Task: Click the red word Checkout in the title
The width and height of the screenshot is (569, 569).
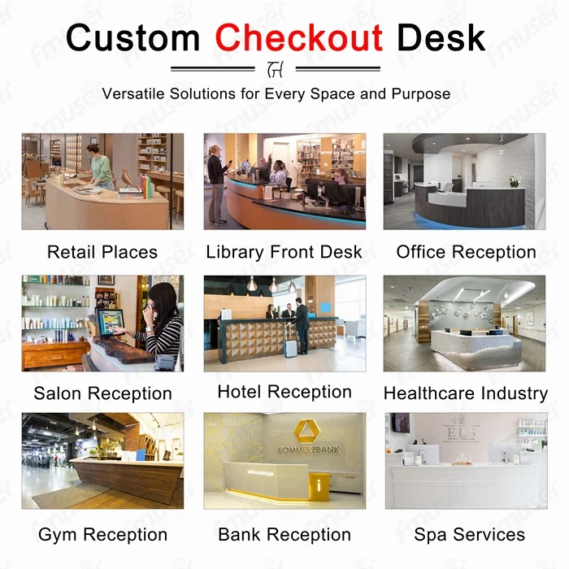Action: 298,37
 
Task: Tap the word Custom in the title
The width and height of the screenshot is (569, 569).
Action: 132,37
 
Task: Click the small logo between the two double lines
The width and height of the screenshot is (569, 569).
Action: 276,69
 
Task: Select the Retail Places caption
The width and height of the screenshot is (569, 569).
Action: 102,252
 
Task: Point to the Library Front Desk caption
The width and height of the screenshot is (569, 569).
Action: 284,252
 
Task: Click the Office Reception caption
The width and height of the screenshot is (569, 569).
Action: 467,252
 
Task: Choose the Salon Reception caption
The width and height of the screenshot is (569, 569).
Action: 102,393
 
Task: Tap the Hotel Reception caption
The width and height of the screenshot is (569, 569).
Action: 284,392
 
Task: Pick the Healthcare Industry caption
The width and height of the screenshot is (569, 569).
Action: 466,393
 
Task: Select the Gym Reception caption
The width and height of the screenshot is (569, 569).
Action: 102,535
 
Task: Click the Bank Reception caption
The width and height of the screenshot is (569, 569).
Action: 284,535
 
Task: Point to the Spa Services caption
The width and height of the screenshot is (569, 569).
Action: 470,535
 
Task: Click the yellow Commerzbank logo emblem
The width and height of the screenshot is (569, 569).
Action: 307,430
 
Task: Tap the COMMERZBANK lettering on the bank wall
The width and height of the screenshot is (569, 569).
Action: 309,450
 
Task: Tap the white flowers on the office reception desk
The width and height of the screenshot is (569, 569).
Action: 515,180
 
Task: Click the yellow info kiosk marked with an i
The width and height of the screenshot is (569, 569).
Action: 319,487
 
